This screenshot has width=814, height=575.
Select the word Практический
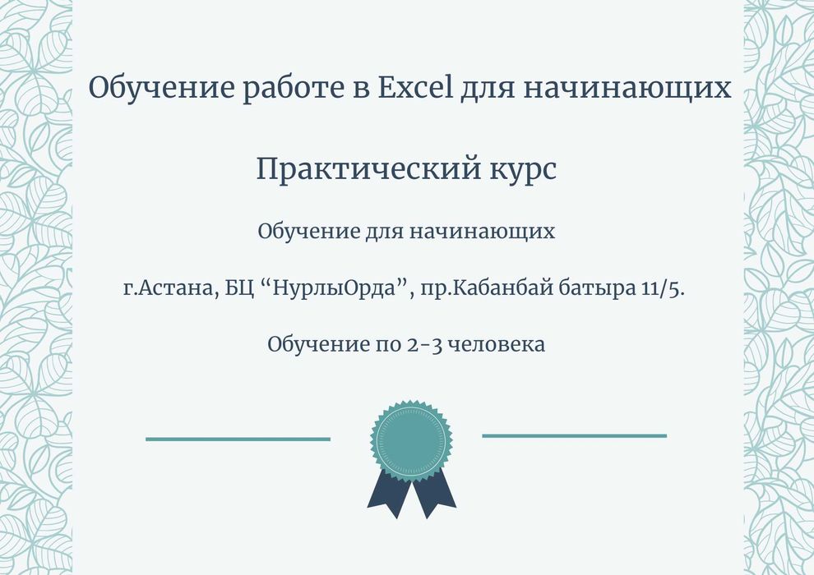(x=368, y=169)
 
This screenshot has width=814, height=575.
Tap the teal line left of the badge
(x=238, y=439)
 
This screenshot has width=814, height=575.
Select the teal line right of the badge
(x=574, y=435)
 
